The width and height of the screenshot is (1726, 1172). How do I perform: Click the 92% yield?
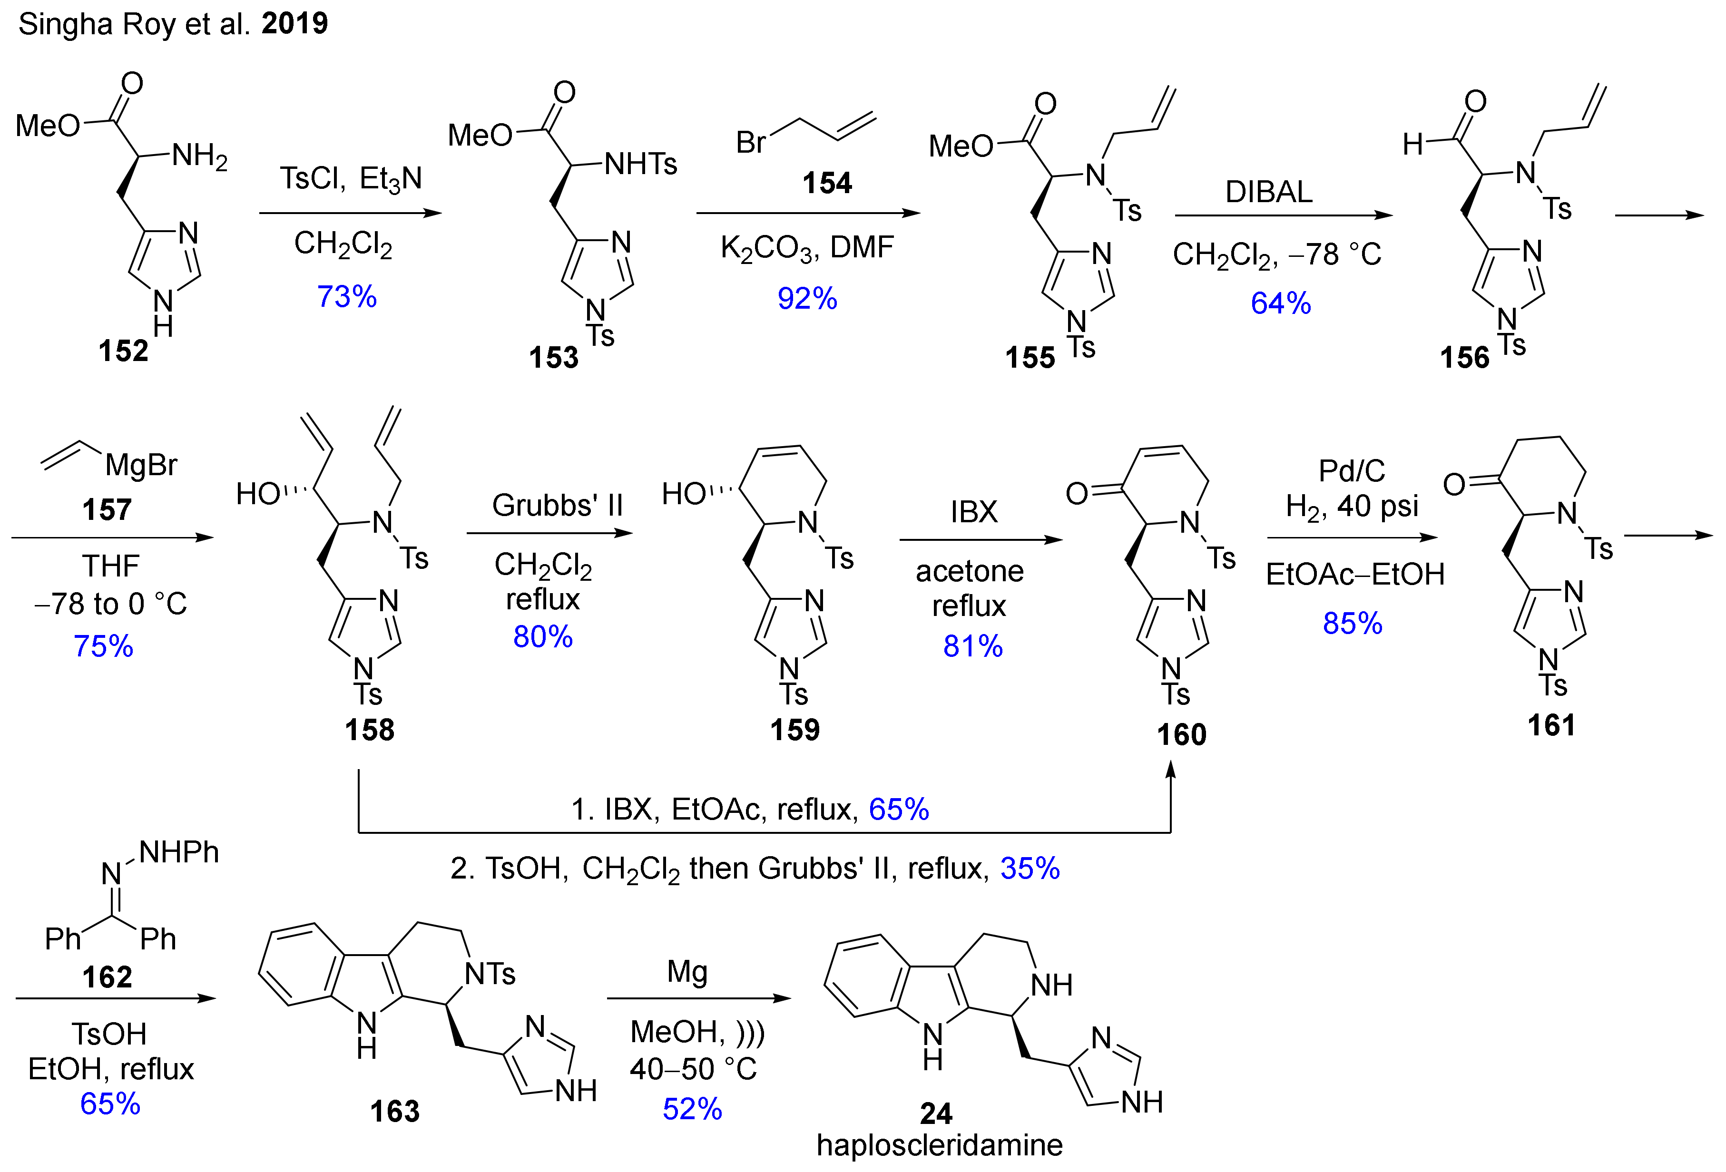(807, 299)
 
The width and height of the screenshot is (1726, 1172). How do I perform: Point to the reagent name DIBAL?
(1268, 192)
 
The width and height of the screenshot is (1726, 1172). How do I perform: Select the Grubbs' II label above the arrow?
(557, 506)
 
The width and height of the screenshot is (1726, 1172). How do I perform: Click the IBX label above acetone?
(974, 512)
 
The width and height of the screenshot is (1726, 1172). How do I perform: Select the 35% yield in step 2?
(1030, 868)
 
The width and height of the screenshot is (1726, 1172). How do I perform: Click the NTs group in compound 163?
(490, 974)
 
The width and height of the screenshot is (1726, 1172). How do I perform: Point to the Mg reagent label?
(687, 971)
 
